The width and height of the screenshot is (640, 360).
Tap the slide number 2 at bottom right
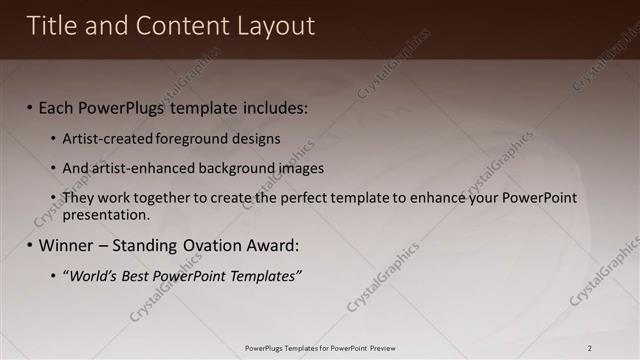coord(590,348)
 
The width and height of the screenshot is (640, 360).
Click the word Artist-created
coord(106,139)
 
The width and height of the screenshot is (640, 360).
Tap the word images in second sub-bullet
coord(300,168)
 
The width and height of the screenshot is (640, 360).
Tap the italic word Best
coord(137,275)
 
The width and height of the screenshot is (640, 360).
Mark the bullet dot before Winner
coord(30,246)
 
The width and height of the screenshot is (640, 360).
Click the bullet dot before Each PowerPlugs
coord(30,108)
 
